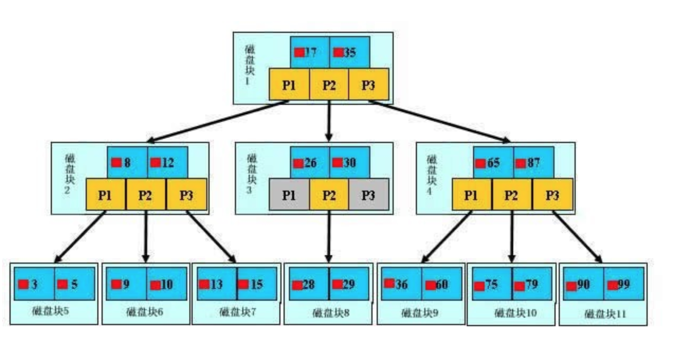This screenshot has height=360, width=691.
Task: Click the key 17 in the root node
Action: (x=310, y=52)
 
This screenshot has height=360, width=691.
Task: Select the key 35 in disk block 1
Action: (x=349, y=52)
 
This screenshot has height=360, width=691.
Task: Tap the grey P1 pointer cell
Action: (x=289, y=195)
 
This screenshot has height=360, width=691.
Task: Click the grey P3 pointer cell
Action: (x=368, y=195)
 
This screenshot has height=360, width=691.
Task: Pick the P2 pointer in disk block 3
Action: (x=329, y=195)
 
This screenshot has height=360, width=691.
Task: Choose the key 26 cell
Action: (x=310, y=163)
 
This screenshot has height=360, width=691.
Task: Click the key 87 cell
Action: (x=533, y=163)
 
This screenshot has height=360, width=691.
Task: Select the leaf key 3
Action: (x=33, y=284)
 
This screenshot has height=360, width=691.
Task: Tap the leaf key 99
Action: (x=623, y=284)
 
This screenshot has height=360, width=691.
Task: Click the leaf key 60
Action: (x=441, y=284)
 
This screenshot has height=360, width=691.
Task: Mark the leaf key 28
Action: (x=308, y=284)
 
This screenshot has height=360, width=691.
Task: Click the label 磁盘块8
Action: (x=331, y=313)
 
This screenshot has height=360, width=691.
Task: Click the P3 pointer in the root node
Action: (x=368, y=85)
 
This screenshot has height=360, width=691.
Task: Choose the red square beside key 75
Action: (x=479, y=286)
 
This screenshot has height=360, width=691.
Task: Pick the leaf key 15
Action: (x=257, y=284)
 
